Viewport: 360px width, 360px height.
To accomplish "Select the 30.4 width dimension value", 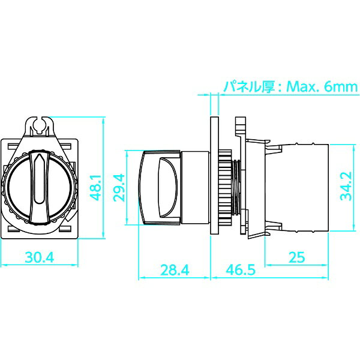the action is (40, 257).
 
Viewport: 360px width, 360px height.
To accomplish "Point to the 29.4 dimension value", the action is (119, 188).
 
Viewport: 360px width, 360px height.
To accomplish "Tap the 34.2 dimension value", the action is (346, 186).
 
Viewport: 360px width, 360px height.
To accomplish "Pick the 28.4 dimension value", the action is (175, 270).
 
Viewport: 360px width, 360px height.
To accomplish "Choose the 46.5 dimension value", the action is (241, 269).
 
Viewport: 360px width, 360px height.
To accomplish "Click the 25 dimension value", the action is (296, 257).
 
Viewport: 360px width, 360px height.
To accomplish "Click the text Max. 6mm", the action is (322, 87).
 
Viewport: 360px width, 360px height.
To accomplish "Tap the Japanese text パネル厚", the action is (249, 87).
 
